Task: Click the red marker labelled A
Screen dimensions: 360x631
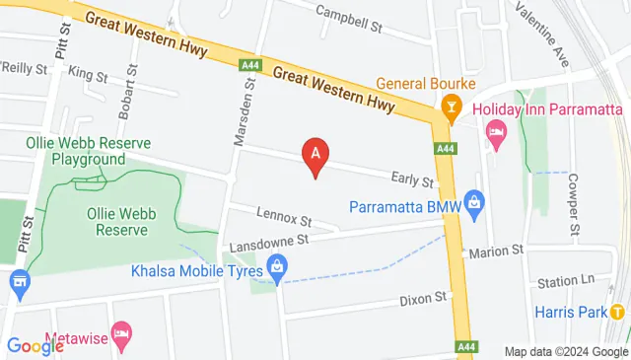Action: (x=315, y=155)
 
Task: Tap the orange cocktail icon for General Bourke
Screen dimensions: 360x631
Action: (x=451, y=107)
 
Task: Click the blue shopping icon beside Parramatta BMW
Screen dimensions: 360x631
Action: (x=474, y=205)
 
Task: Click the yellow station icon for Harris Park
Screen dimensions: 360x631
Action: (x=617, y=312)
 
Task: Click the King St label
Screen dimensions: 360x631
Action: (x=88, y=75)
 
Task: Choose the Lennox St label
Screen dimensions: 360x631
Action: (x=284, y=214)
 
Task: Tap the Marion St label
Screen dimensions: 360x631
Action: (x=496, y=252)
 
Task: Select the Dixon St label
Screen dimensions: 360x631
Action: (x=423, y=297)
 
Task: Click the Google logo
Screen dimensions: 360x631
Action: (x=35, y=345)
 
